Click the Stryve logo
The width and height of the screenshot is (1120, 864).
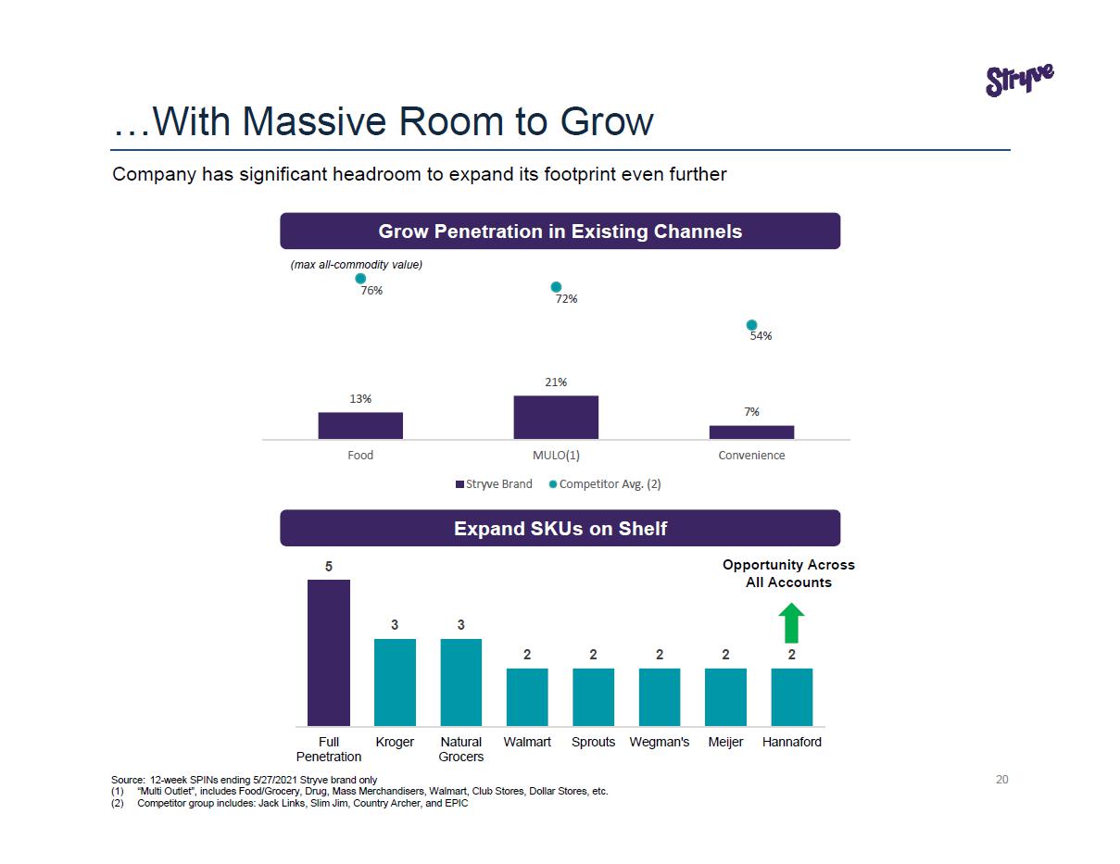[x=1019, y=80]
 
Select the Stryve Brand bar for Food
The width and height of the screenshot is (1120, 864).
[x=360, y=425]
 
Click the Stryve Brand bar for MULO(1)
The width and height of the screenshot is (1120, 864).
[x=556, y=417]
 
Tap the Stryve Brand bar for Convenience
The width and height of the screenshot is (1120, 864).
[x=751, y=432]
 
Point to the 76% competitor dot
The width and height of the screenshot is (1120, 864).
[x=360, y=278]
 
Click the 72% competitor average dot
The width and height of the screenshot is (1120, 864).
[x=556, y=287]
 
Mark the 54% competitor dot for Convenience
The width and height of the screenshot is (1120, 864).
[x=751, y=324]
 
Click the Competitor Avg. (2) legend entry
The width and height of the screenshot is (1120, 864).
[x=605, y=483]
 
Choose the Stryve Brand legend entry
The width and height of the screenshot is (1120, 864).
[x=494, y=483]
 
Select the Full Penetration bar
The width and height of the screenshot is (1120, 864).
[x=329, y=652]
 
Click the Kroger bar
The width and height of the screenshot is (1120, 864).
[x=395, y=682]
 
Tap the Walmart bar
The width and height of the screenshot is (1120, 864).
[x=527, y=696]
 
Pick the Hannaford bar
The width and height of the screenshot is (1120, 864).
[x=792, y=696]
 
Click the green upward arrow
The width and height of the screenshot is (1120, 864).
[x=791, y=623]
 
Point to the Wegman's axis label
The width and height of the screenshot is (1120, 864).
[x=660, y=742]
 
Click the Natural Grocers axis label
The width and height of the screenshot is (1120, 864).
[x=461, y=749]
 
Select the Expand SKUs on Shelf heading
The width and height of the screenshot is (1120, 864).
[x=560, y=528]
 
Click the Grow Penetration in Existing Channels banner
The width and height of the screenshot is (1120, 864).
[x=560, y=231]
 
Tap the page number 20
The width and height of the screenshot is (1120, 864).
[x=1001, y=779]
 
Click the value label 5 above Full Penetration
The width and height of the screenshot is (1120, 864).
[x=329, y=566]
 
